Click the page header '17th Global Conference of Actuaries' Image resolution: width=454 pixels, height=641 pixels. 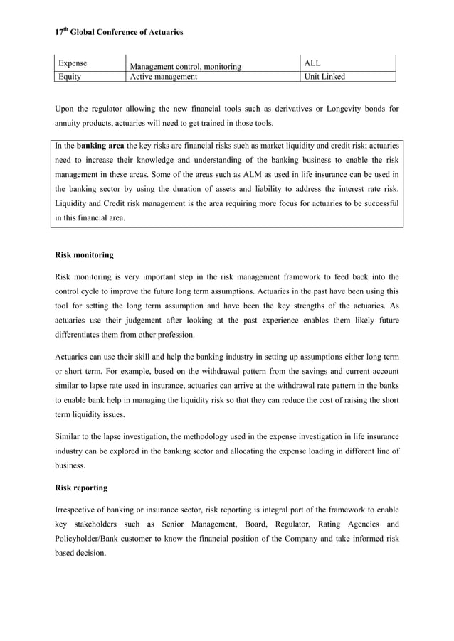119,32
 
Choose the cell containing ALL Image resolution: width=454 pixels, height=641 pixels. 312,63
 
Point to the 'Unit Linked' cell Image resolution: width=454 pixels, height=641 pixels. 324,77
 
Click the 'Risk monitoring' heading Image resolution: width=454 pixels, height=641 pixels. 84,254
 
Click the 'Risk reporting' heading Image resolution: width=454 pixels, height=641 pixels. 81,489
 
